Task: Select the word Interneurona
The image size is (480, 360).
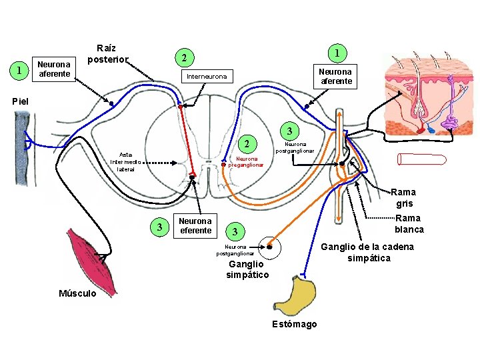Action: tap(207, 77)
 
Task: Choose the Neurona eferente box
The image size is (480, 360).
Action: tap(195, 226)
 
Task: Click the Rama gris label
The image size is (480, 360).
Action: tap(405, 198)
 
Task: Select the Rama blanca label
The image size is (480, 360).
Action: tap(409, 224)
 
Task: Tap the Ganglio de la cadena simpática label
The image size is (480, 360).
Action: tap(369, 252)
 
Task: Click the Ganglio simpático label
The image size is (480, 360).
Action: tap(247, 269)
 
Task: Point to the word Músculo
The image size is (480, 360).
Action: tap(77, 293)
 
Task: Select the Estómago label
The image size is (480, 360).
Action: tap(295, 324)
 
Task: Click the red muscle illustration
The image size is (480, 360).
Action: tap(89, 257)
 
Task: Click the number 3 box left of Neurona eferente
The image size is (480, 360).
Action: tap(159, 227)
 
